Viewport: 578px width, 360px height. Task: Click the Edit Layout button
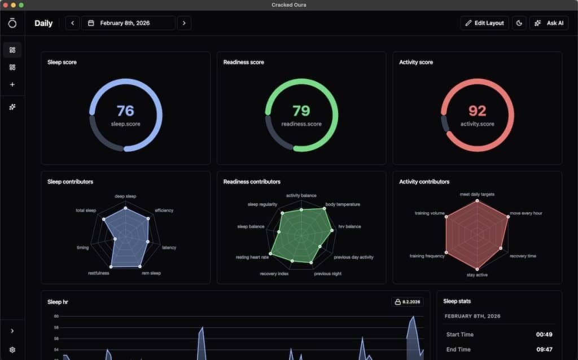point(484,23)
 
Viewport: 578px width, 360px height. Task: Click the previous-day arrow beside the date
point(72,23)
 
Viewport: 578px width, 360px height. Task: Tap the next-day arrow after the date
point(184,23)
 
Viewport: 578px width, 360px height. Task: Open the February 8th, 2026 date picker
point(128,23)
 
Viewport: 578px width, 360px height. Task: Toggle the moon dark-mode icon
point(519,23)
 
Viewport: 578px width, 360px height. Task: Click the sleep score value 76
point(125,111)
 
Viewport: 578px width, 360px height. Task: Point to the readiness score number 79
point(301,111)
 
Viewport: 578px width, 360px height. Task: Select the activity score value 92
point(477,111)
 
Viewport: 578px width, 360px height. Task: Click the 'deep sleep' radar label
point(125,196)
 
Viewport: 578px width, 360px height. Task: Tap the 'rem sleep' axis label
point(151,273)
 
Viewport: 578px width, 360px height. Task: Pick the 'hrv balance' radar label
point(349,227)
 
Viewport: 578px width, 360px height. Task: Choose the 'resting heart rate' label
point(252,257)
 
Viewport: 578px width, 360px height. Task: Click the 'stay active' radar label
point(477,275)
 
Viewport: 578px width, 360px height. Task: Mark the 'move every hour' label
point(526,213)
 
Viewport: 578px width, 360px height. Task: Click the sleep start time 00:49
point(544,335)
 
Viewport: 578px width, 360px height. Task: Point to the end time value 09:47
point(544,349)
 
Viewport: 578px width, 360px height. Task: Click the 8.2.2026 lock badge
point(407,302)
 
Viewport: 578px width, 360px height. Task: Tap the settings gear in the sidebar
point(12,350)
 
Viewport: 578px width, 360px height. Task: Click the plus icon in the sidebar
point(12,85)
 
